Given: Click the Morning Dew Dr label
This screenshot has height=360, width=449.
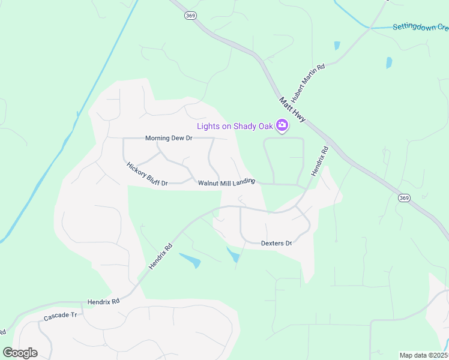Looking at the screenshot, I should tap(168, 138).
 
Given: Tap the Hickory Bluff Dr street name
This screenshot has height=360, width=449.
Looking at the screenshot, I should tap(146, 174).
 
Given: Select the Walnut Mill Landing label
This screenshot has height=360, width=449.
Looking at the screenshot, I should tap(227, 182).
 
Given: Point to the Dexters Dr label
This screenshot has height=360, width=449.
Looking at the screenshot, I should tap(276, 243).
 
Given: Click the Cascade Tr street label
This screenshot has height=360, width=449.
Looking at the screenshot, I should tap(61, 316).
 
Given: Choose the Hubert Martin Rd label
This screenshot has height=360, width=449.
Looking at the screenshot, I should tap(308, 83).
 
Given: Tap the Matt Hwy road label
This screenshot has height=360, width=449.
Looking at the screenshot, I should tap(292, 110).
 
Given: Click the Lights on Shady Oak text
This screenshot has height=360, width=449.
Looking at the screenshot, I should tap(235, 126).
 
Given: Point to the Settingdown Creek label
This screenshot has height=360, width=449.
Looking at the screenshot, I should tap(420, 27).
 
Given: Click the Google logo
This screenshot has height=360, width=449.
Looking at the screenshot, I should tap(20, 353).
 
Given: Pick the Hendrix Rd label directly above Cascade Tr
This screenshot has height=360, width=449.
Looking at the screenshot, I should tap(103, 301).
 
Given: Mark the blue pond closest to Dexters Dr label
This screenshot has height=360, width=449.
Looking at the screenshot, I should tap(233, 255).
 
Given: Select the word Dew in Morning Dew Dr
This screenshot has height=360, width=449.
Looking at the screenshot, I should tap(178, 138).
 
